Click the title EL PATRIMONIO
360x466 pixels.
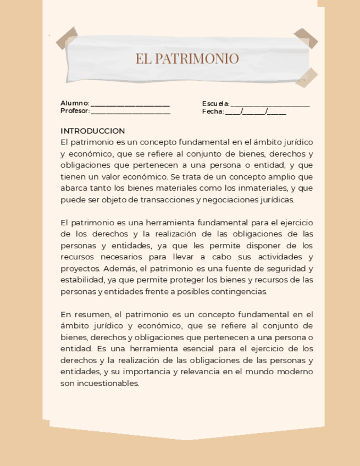(x=187, y=59)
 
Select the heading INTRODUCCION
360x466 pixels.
(x=93, y=131)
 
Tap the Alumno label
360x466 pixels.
(x=74, y=103)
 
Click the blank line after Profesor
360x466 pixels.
(x=131, y=112)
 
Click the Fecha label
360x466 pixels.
(x=213, y=111)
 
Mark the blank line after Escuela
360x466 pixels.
(x=270, y=104)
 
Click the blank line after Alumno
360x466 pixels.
(x=130, y=104)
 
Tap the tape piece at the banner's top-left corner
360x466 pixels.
(x=66, y=37)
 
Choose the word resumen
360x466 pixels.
(x=91, y=315)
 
